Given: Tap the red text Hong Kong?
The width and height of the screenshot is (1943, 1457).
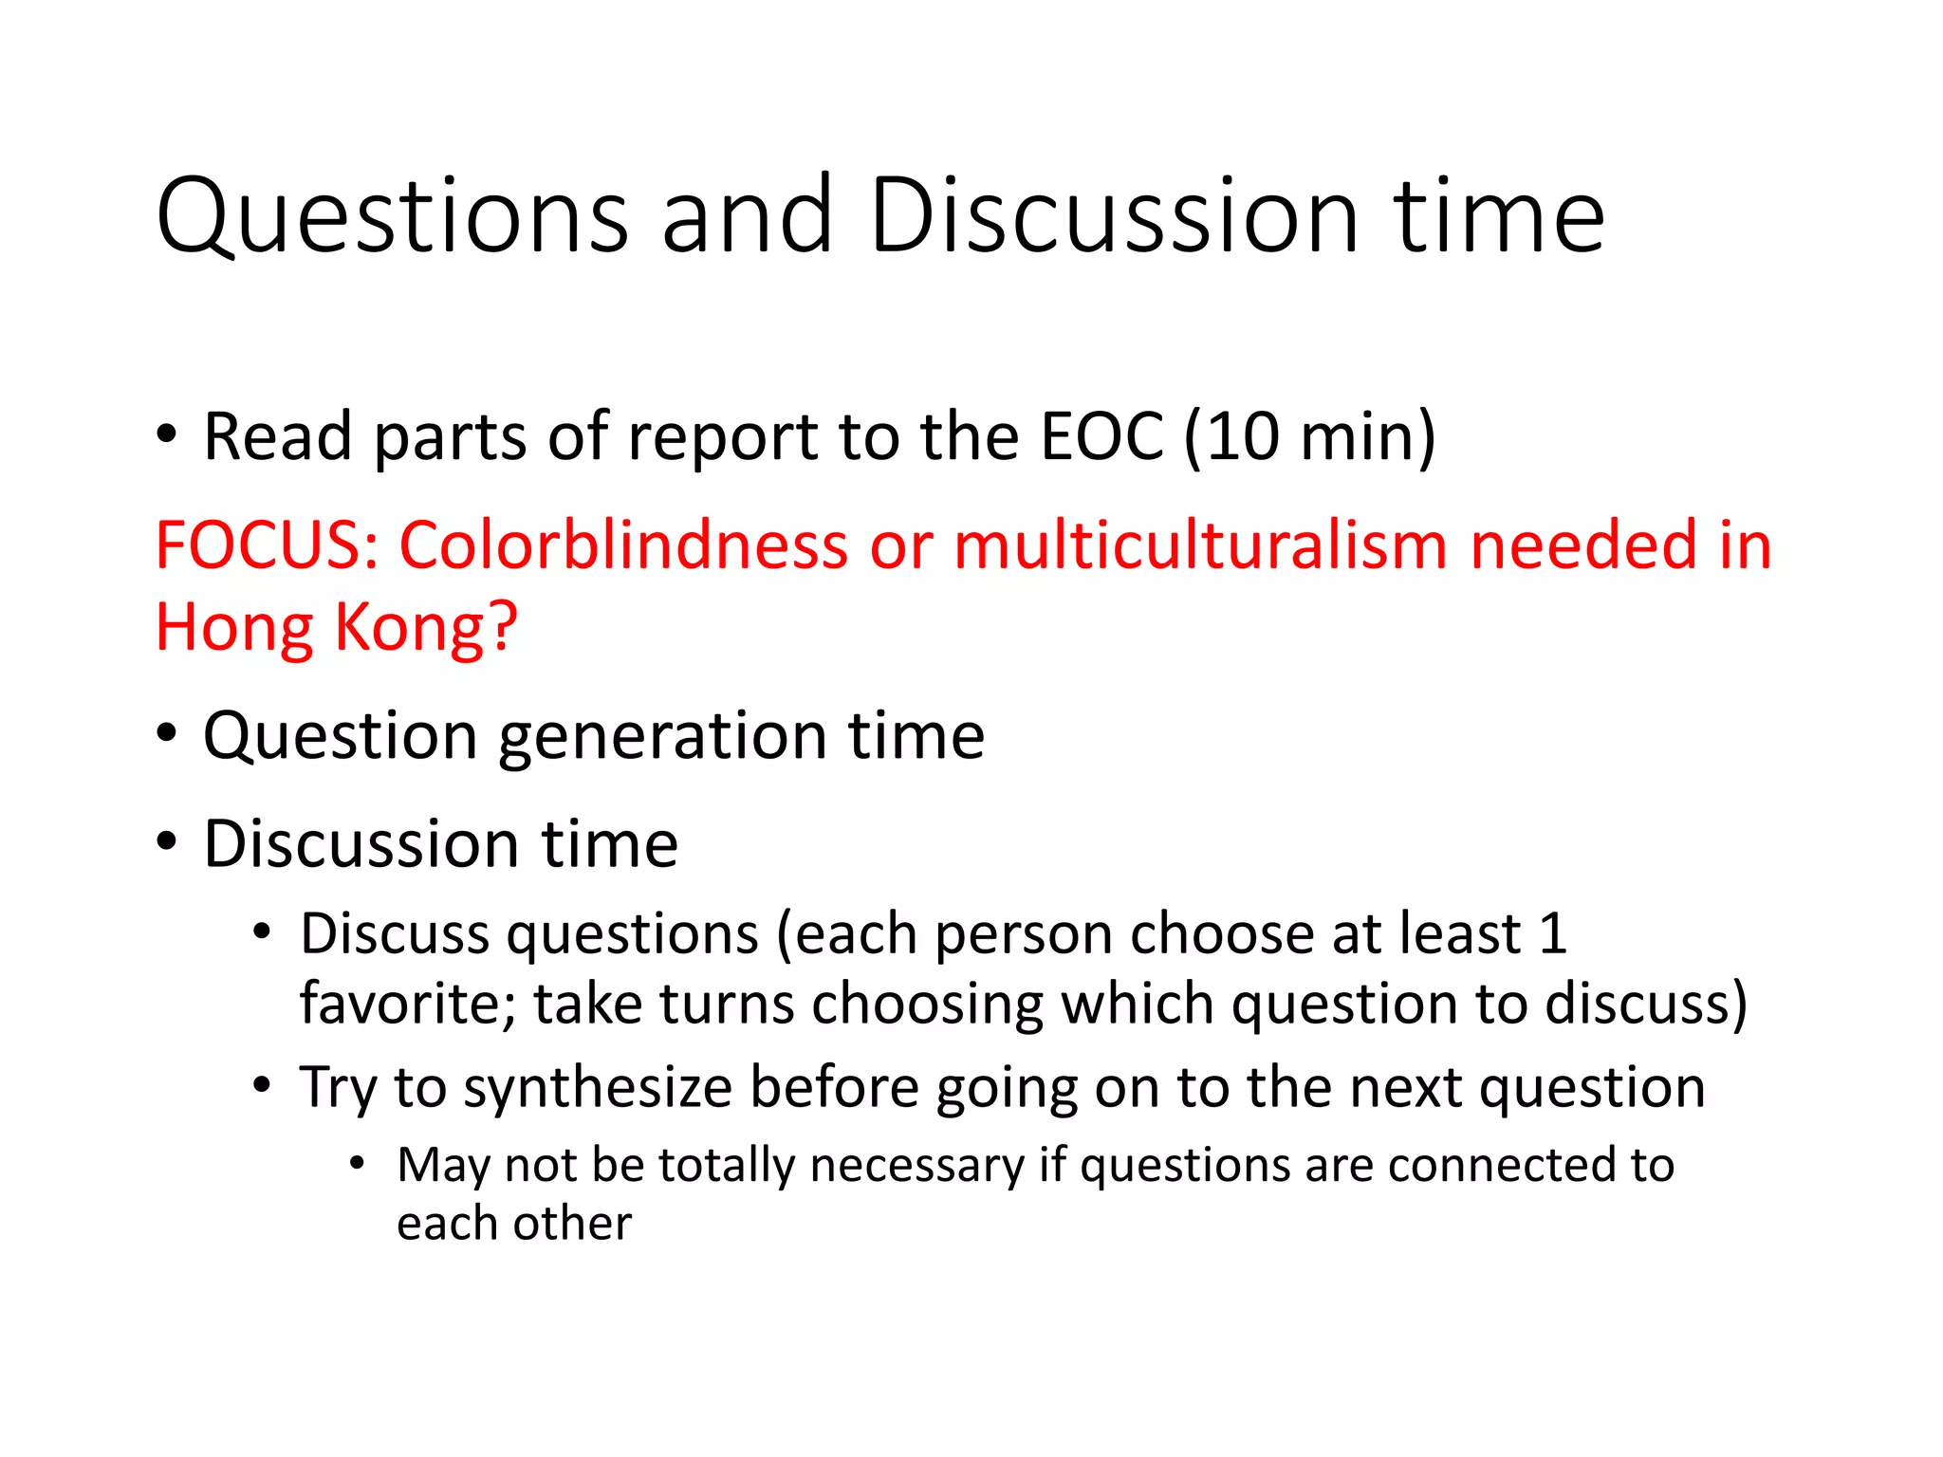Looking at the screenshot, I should (337, 627).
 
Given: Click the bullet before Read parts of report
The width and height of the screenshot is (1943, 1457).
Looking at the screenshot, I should (167, 435).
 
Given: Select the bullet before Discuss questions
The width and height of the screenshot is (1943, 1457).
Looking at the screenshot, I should (263, 931).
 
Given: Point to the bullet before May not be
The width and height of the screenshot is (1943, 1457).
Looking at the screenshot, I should (357, 1162).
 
